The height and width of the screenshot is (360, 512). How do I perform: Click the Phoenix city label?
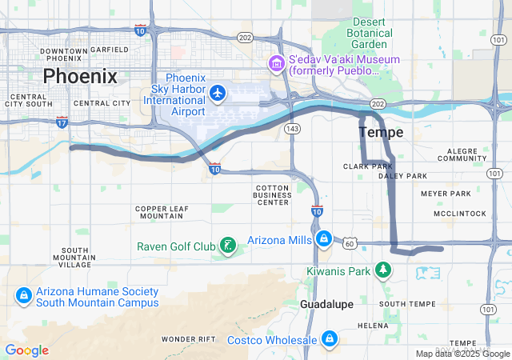[80, 77]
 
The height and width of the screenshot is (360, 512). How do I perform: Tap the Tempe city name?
[381, 132]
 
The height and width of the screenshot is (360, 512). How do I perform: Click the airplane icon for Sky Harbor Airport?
[216, 94]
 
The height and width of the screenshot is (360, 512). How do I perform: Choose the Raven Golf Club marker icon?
[228, 245]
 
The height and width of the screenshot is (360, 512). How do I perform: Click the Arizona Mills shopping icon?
[323, 239]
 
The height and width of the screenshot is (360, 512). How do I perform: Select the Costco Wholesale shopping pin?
[328, 340]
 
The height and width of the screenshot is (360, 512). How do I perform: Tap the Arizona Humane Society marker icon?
[24, 296]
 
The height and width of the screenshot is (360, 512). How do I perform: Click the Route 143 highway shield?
[294, 128]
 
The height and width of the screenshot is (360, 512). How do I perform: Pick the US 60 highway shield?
[351, 242]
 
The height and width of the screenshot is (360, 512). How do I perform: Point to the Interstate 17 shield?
[62, 122]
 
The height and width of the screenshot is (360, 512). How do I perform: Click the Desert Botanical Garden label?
[370, 34]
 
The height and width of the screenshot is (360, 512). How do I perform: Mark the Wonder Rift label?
[189, 339]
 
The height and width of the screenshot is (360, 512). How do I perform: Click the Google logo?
[26, 350]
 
